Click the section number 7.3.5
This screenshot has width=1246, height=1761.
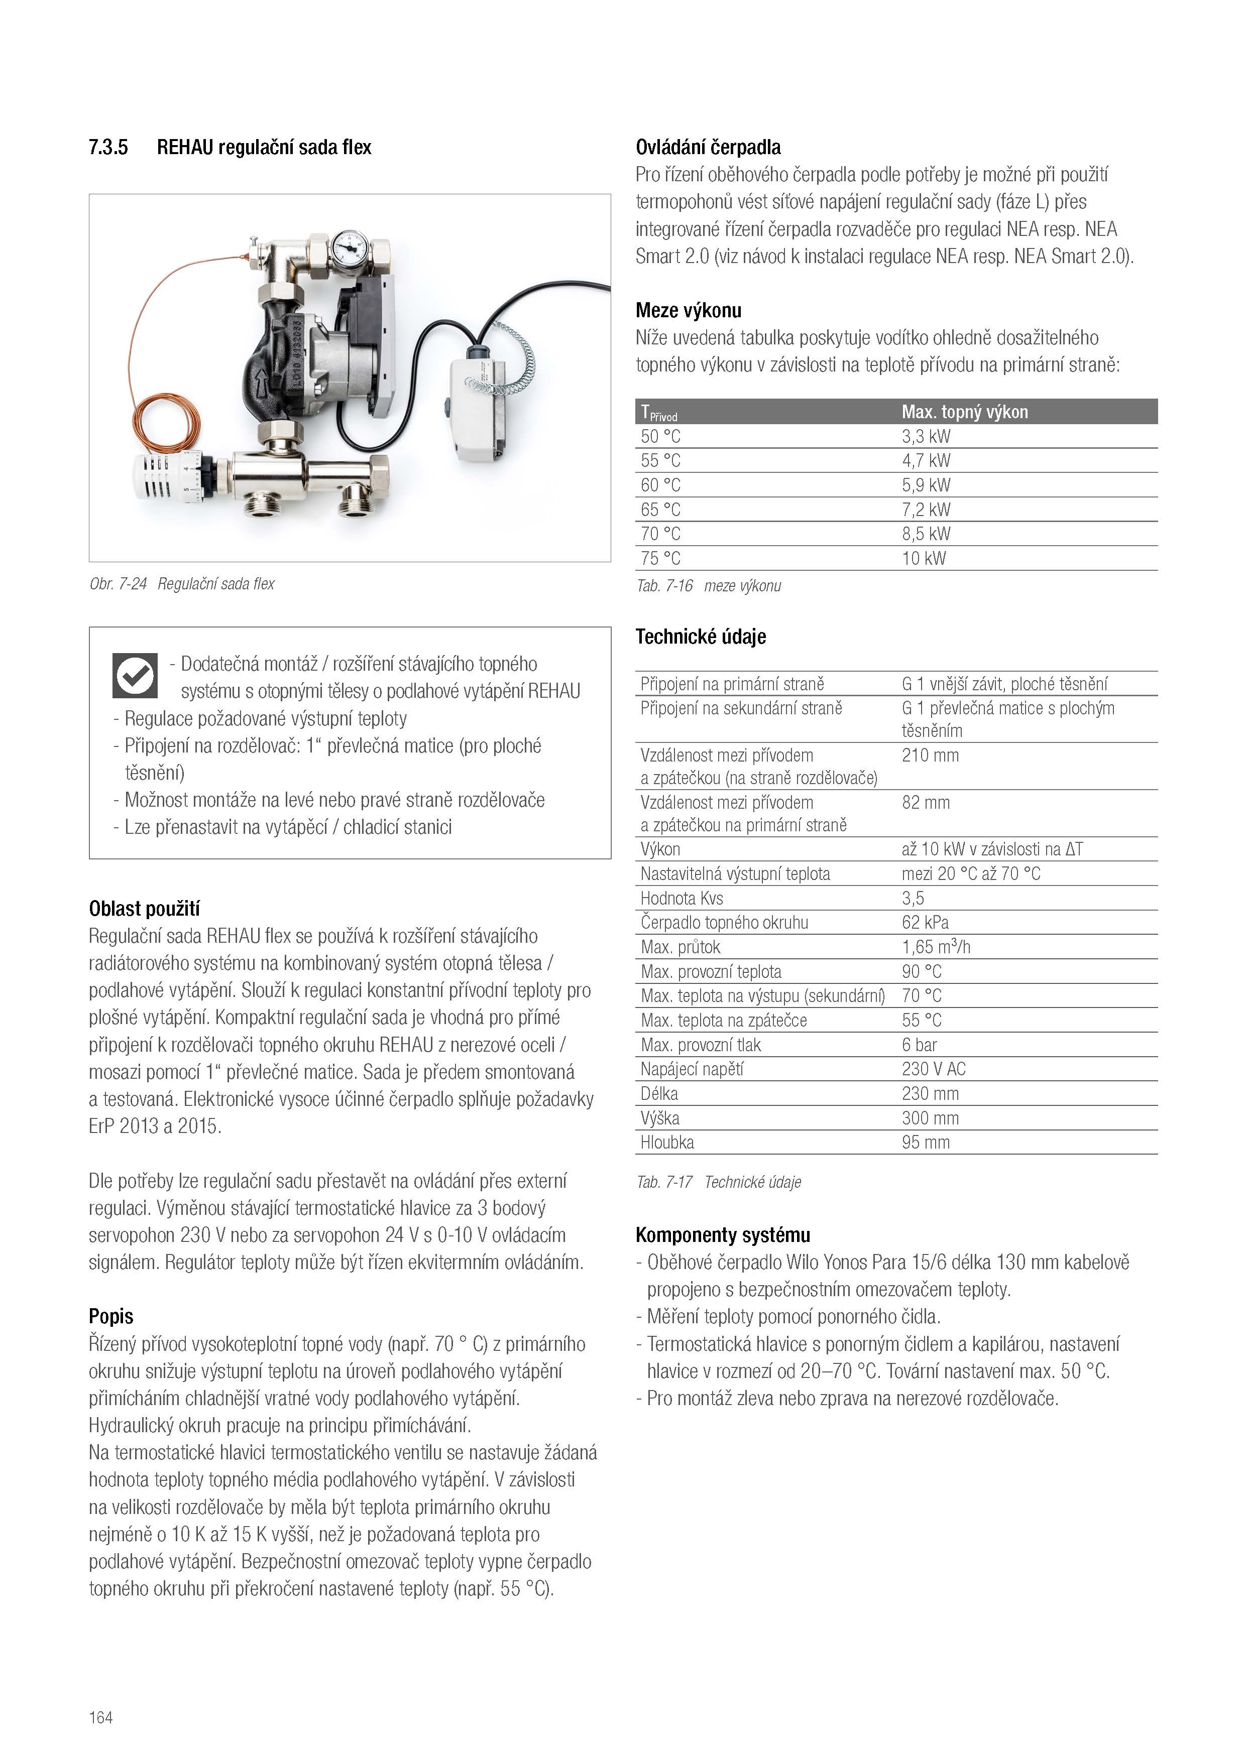108,147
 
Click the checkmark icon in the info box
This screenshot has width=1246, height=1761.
135,676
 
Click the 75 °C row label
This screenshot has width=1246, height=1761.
660,558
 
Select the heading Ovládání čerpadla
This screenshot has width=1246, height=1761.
708,147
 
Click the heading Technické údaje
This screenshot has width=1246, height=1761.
701,637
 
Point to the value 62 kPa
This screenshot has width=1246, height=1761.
925,923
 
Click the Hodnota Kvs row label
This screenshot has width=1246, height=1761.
682,898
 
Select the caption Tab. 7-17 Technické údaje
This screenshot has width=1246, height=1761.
718,1182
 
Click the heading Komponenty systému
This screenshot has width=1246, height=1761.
723,1235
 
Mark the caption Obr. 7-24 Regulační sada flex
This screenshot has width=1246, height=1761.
182,584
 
